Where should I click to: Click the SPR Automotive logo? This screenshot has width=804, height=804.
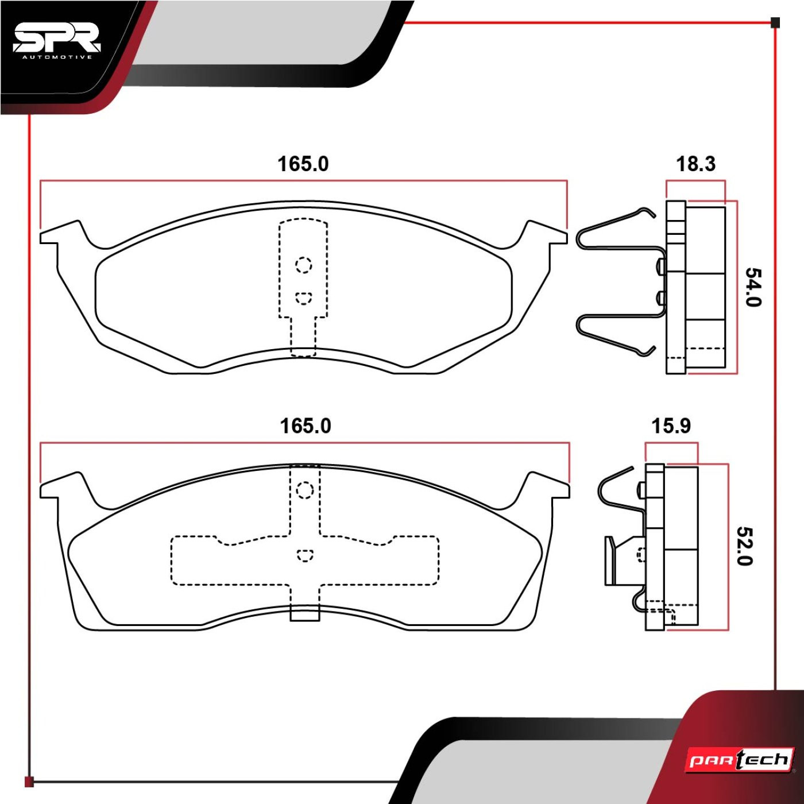tap(57, 44)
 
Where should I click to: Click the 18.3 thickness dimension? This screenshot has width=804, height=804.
tap(695, 164)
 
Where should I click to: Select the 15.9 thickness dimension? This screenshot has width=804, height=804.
tap(671, 426)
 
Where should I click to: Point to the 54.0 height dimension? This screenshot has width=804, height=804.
tap(753, 287)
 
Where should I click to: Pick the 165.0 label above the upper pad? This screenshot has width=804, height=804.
tap(303, 164)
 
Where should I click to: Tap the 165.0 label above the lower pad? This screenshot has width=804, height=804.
tap(306, 426)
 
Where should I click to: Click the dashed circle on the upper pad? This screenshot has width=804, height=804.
tap(304, 265)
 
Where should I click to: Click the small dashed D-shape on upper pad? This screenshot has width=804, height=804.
tap(304, 298)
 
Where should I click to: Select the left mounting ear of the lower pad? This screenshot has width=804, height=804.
tap(63, 486)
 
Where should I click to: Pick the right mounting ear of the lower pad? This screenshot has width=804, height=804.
tap(547, 486)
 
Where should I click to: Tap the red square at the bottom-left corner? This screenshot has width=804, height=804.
tap(29, 781)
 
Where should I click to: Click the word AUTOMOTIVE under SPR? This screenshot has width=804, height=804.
tap(57, 57)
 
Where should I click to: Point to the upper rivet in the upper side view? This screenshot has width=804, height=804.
tap(661, 266)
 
